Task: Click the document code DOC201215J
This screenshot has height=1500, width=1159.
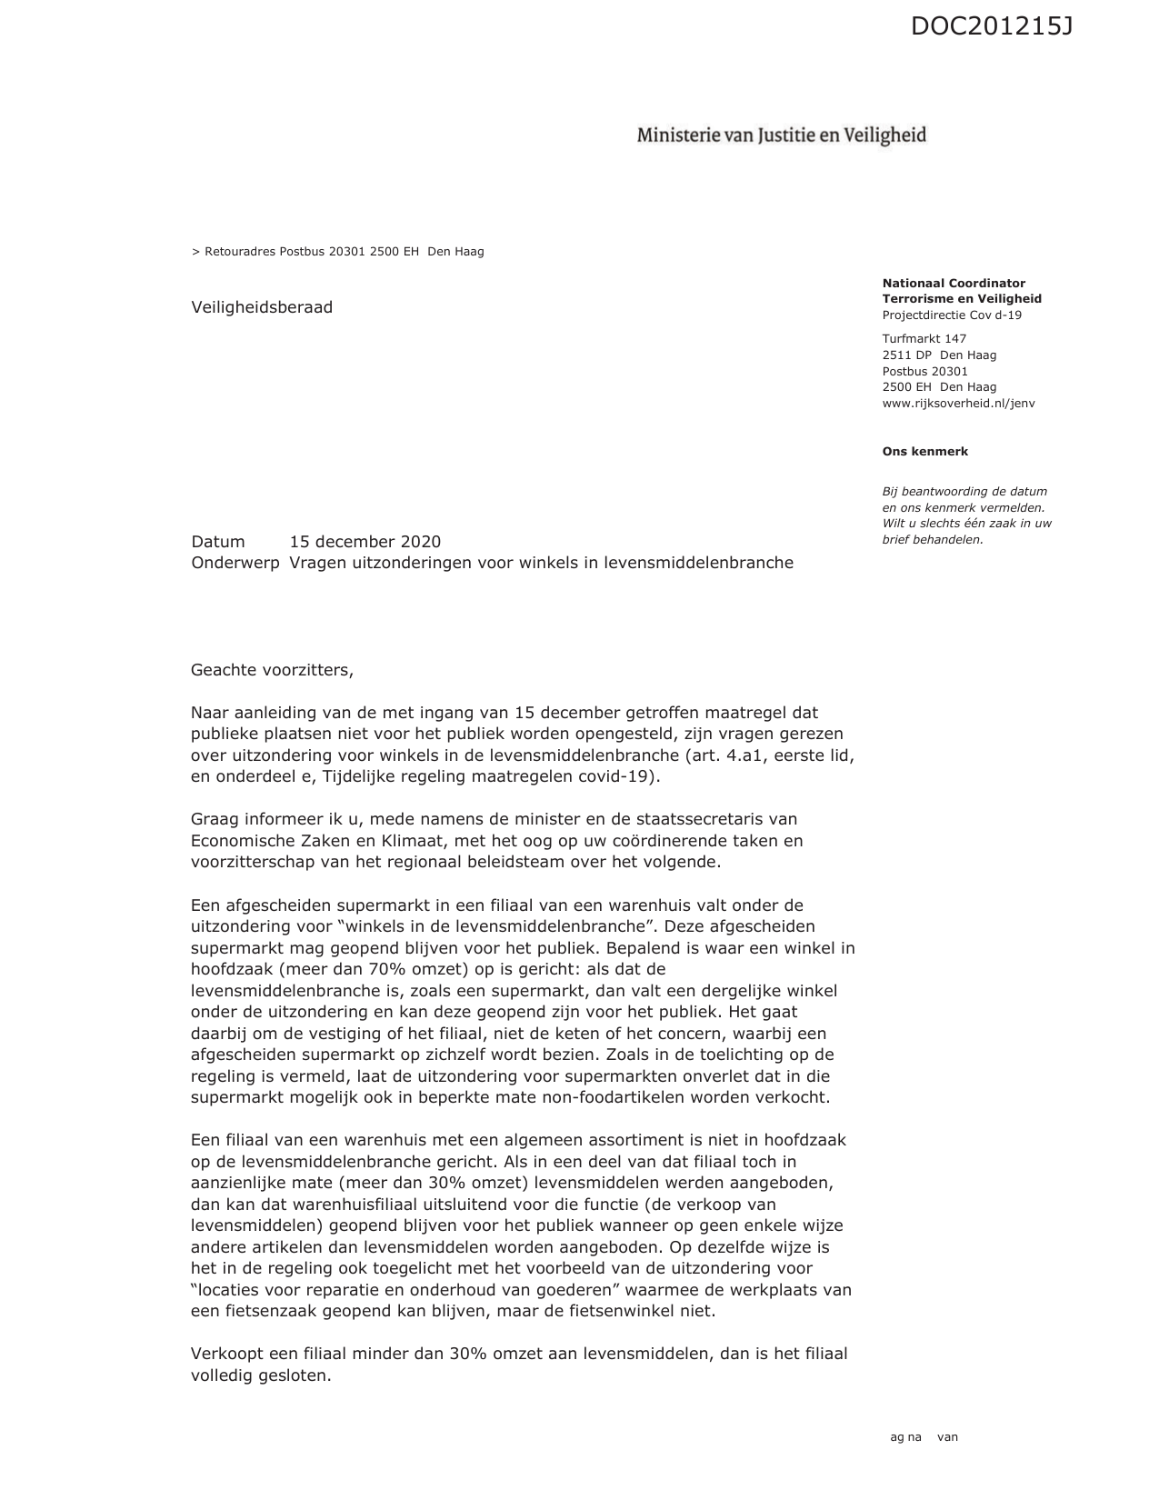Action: (991, 27)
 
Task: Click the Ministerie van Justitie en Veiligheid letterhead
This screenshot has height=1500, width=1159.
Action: (781, 135)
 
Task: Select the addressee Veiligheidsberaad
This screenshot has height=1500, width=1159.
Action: (262, 307)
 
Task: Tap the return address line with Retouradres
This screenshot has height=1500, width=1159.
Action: (338, 252)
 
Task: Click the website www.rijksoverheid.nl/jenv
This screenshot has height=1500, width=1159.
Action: (958, 404)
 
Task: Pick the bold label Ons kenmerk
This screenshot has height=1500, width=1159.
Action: (924, 452)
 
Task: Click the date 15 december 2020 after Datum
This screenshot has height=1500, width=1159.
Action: (365, 542)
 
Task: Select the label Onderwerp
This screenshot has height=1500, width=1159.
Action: (235, 563)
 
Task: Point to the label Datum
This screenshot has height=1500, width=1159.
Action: (218, 542)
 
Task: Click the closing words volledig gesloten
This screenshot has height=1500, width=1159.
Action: (261, 1375)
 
